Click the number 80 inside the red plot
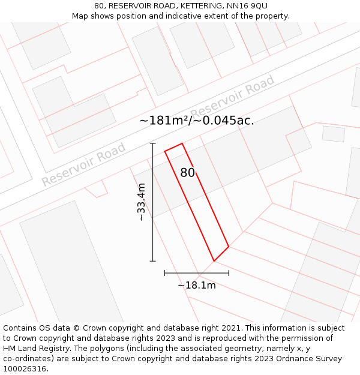coord(188,173)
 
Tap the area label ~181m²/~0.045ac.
coord(196,121)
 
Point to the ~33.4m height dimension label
coord(142,202)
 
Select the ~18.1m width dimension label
coord(196,286)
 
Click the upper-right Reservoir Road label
coord(232,97)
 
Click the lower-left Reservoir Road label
coord(83,164)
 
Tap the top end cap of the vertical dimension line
coord(153,144)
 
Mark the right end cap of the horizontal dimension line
coord(229,273)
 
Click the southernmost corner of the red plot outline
coord(214,261)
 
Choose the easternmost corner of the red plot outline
coord(229,246)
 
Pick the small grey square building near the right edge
coord(334,134)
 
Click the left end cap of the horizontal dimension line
coord(165,273)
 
